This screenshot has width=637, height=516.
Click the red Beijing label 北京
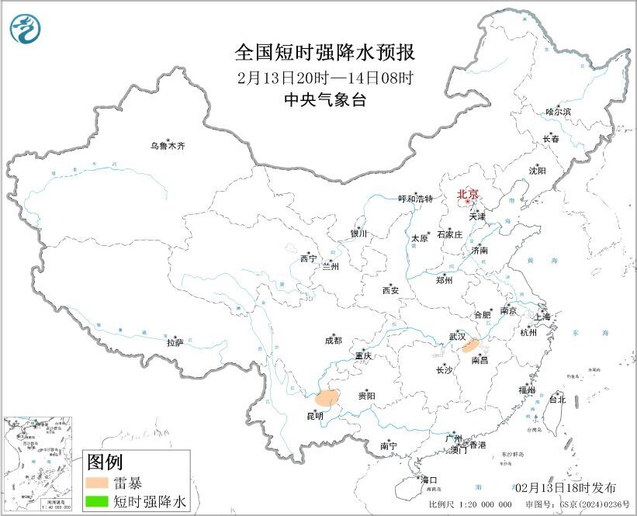pyautogui.click(x=468, y=194)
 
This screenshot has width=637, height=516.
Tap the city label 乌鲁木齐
pyautogui.click(x=168, y=145)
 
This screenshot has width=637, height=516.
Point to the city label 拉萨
pyautogui.click(x=175, y=341)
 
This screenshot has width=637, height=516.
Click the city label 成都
pyautogui.click(x=333, y=340)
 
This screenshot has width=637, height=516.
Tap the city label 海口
pyautogui.click(x=429, y=480)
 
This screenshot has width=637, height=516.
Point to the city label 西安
pyautogui.click(x=389, y=290)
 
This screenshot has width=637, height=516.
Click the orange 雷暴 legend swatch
pyautogui.click(x=98, y=483)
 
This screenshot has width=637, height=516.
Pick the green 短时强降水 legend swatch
pyautogui.click(x=98, y=503)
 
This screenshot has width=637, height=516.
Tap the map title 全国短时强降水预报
pyautogui.click(x=325, y=53)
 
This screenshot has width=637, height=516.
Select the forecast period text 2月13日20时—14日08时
pyautogui.click(x=325, y=78)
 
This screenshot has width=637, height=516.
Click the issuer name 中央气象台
pyautogui.click(x=325, y=99)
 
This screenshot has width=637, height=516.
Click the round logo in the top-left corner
pyautogui.click(x=25, y=29)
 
